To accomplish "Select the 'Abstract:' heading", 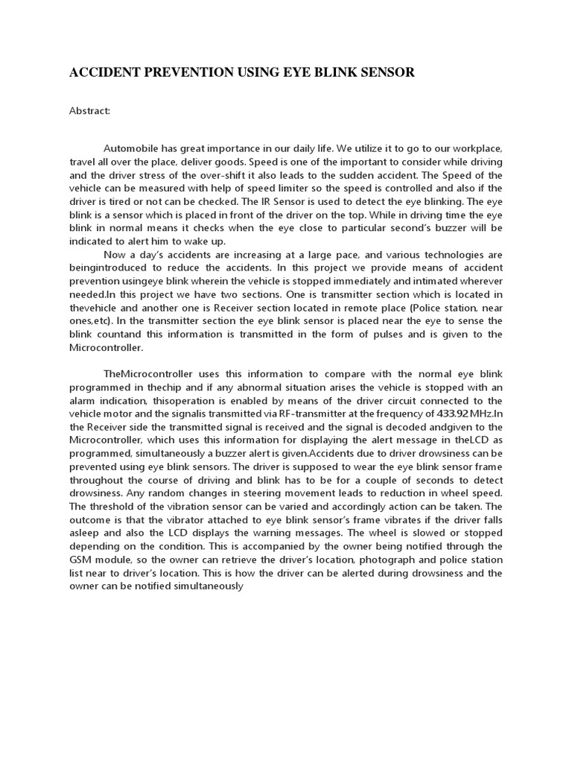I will tap(89, 111).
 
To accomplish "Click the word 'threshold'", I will tap(111, 507).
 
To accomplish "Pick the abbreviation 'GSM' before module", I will tap(82, 560).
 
